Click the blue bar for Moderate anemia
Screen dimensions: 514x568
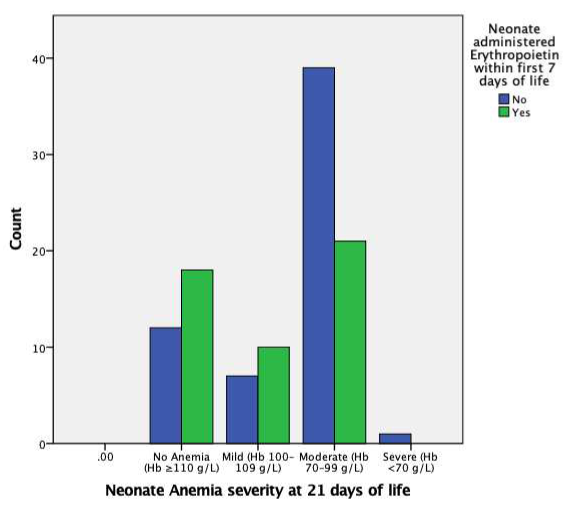click(x=319, y=255)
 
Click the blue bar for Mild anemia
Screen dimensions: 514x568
click(x=242, y=409)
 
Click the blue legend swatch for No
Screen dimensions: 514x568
click(x=504, y=99)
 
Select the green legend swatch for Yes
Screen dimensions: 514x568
click(x=504, y=112)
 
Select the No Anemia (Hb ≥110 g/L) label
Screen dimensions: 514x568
click(x=181, y=462)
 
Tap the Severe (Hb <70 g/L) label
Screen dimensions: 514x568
click(x=410, y=462)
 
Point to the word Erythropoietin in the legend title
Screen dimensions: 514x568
click(x=514, y=55)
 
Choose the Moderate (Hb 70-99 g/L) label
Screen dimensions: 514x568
click(x=334, y=462)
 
